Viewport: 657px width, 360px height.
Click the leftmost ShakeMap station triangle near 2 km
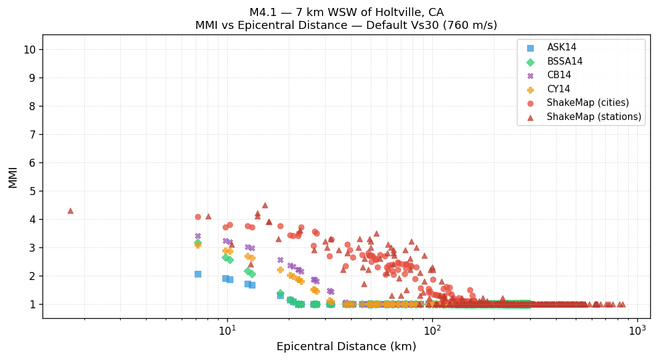[70, 211]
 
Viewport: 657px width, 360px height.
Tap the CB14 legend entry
[559, 75]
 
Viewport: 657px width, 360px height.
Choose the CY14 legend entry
[558, 89]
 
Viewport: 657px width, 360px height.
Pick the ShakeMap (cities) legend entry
[587, 103]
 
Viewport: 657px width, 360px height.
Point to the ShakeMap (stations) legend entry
[594, 117]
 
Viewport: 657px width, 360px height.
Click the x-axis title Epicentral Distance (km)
[346, 347]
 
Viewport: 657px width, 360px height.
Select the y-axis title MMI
[13, 177]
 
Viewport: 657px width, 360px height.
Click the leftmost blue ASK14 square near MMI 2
[198, 274]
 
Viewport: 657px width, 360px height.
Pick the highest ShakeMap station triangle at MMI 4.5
[265, 206]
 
